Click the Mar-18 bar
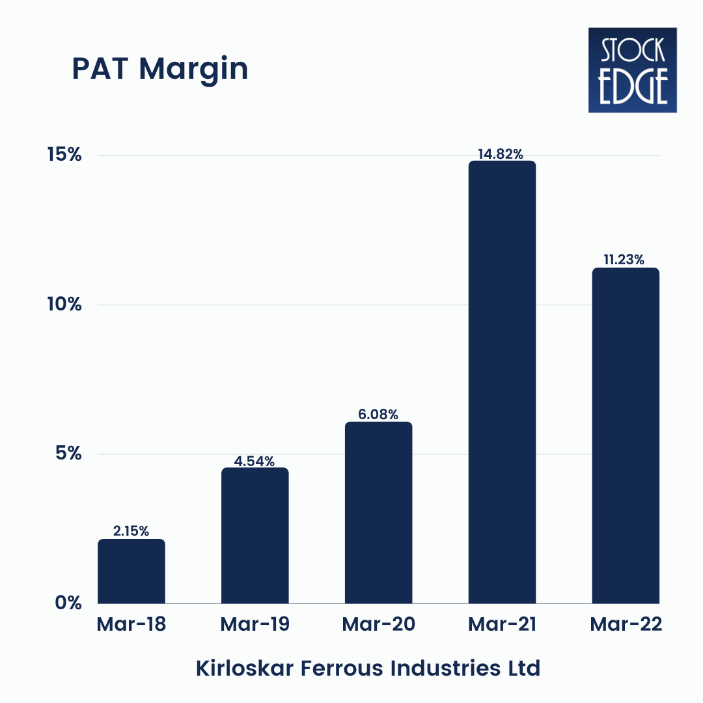pos(131,572)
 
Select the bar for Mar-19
pos(255,536)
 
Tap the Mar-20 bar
pos(378,513)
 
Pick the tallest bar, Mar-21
pos(502,382)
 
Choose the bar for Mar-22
pos(626,435)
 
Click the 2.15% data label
pos(131,531)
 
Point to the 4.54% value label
pos(255,461)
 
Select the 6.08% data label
pos(378,414)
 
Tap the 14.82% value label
pos(502,154)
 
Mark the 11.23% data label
pos(626,260)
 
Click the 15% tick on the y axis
pos(63,156)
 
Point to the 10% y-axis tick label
pos(63,305)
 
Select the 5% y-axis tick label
pos(68,454)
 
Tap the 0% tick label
pos(68,603)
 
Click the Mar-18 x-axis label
pos(131,625)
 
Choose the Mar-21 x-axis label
pos(502,625)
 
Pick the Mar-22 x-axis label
pos(626,625)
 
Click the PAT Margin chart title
pos(160,69)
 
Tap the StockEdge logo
pos(632,70)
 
